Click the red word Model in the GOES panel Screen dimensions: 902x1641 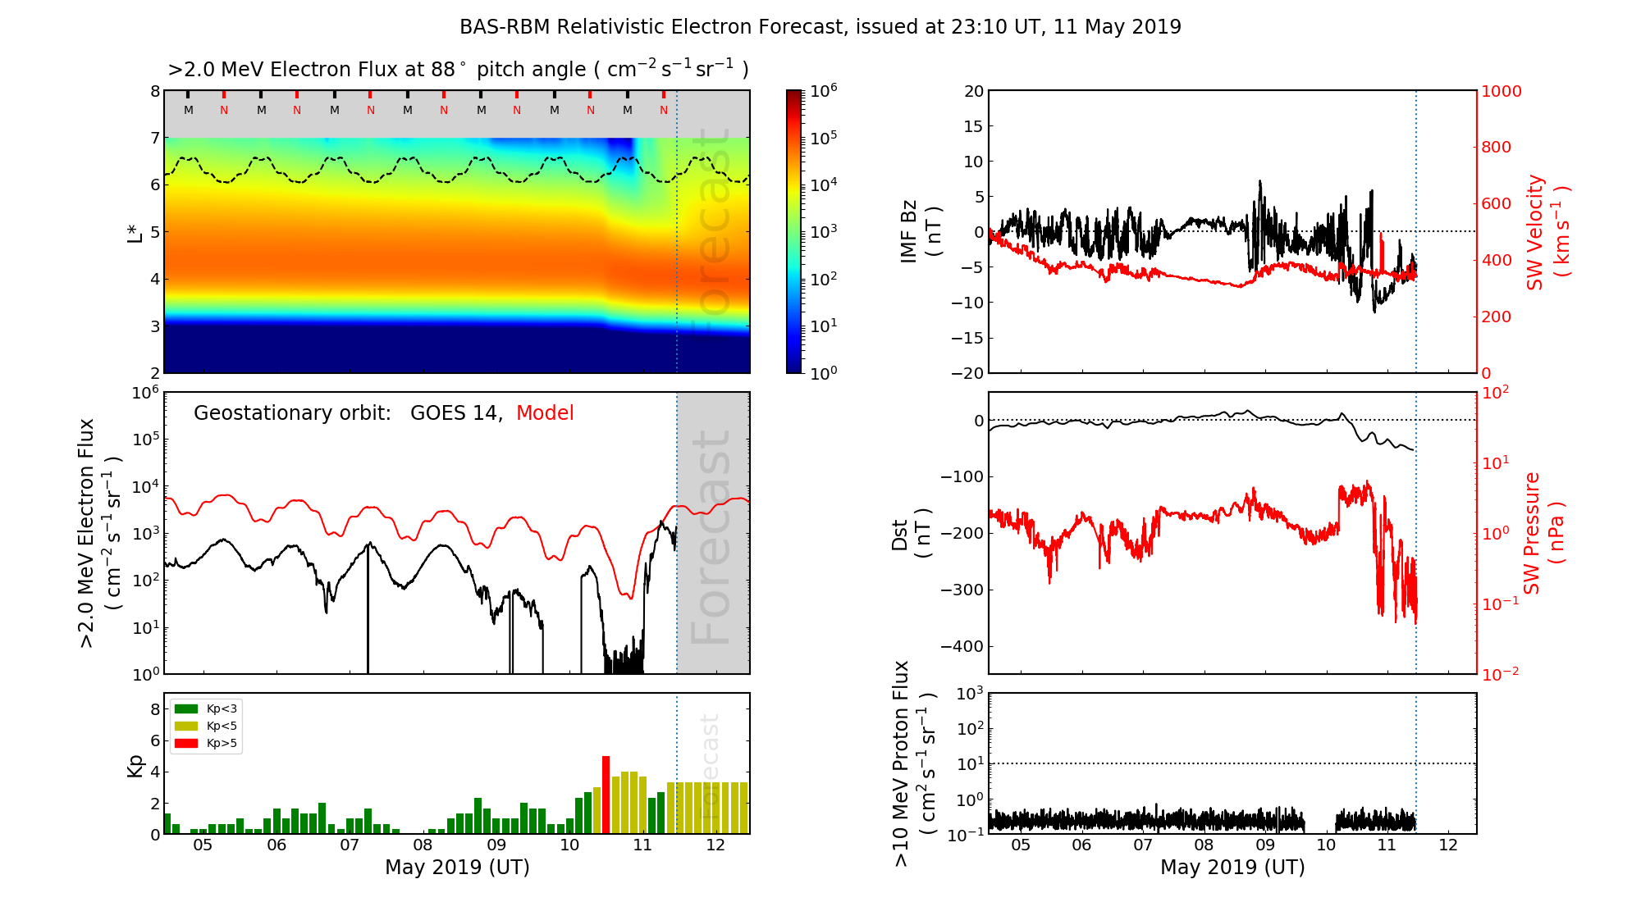pos(545,413)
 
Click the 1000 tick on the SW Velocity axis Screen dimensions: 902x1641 pos(1501,92)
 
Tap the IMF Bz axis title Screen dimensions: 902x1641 pos(920,232)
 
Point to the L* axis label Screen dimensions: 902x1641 pos(135,231)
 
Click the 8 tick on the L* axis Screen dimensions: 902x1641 pos(154,92)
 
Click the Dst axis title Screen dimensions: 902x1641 pos(911,533)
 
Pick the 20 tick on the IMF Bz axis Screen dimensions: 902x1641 pos(973,92)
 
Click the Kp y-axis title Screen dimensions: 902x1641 pos(136,765)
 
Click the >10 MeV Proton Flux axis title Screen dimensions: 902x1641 pos(913,763)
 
